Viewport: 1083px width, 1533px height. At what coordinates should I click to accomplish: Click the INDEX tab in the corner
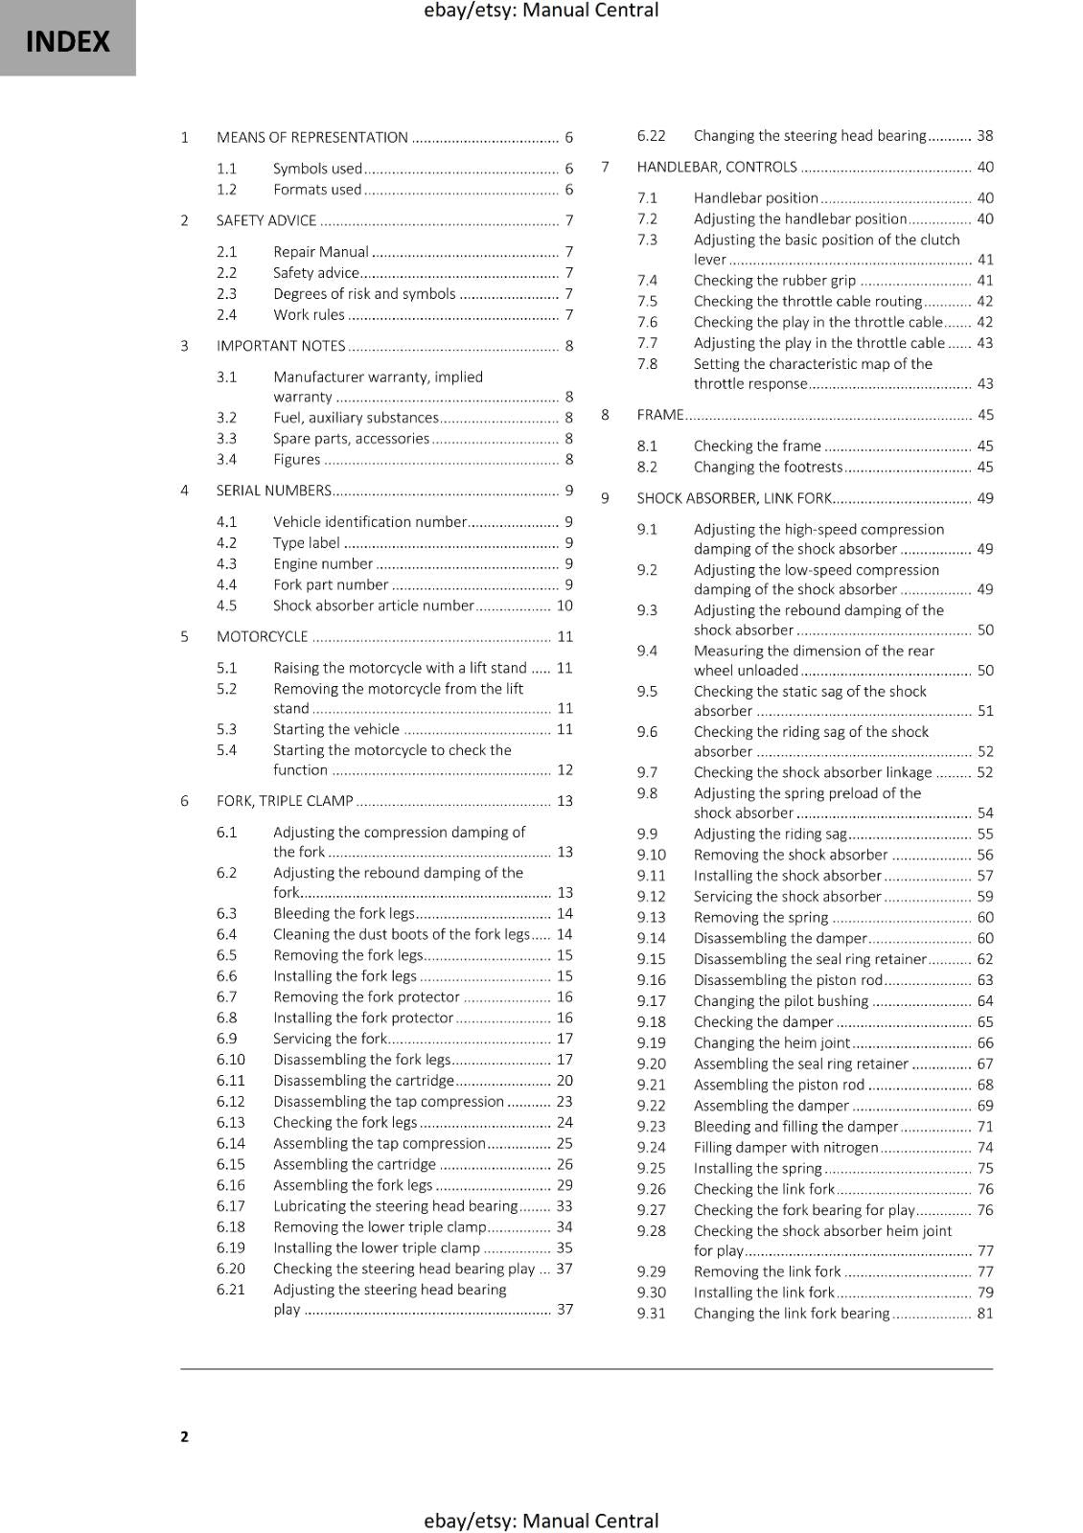67,40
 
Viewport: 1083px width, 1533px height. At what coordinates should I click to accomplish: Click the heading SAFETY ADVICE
266,220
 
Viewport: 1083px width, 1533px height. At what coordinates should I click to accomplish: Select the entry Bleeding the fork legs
343,914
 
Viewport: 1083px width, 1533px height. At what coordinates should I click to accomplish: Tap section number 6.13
230,1123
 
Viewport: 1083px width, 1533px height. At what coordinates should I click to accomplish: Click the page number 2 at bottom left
184,1436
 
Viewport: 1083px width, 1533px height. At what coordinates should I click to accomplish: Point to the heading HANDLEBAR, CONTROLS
716,167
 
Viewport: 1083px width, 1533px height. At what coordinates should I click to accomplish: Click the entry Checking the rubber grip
774,281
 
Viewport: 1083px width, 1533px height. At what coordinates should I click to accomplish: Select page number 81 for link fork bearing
984,1314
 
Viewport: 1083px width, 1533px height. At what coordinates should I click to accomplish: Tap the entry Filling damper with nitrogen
785,1148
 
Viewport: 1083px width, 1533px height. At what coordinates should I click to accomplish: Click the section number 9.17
651,1001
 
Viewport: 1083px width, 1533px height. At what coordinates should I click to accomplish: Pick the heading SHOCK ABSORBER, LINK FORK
733,498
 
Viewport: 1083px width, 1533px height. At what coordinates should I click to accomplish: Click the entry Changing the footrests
768,468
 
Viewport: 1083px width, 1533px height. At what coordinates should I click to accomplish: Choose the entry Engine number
322,564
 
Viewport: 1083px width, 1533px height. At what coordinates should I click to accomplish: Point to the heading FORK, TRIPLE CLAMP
285,801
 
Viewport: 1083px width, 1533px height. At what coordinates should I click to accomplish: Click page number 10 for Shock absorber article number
565,606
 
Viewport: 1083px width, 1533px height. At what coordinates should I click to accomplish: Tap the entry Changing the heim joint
772,1043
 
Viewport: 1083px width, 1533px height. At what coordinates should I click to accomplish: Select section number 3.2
226,418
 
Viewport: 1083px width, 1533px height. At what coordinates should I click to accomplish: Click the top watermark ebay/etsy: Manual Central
541,11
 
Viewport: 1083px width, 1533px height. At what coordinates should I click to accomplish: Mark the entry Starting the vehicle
335,729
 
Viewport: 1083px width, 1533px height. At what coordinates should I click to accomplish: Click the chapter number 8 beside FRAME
605,415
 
